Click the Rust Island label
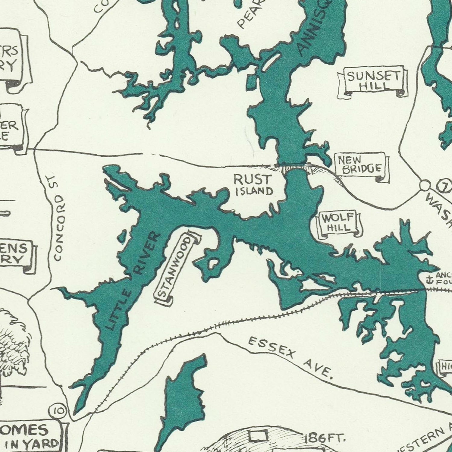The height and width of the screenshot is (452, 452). click(x=253, y=185)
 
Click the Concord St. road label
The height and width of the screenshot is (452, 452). click(x=58, y=217)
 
